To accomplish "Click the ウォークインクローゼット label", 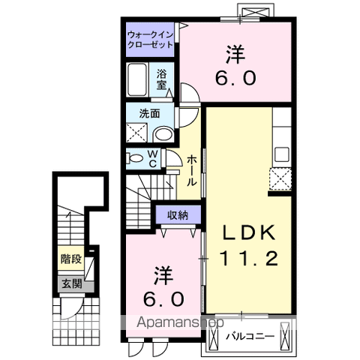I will click(x=150, y=40).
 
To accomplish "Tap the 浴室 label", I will click(x=161, y=79).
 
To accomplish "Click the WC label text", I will click(x=151, y=158).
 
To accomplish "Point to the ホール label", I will click(x=192, y=170).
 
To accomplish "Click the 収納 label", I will click(x=178, y=215).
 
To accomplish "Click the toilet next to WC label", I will click(x=135, y=158).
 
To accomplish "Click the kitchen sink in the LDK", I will click(x=282, y=155).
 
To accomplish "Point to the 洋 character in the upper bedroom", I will click(x=235, y=54).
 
